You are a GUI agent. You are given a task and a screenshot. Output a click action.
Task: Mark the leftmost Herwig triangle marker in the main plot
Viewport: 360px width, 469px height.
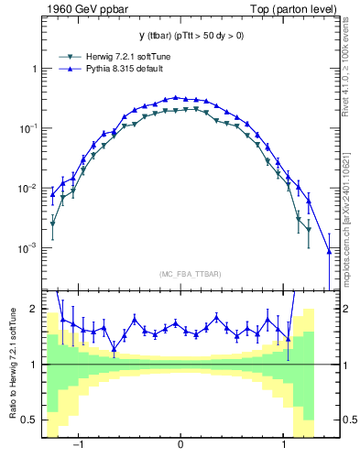[x=53, y=224]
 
